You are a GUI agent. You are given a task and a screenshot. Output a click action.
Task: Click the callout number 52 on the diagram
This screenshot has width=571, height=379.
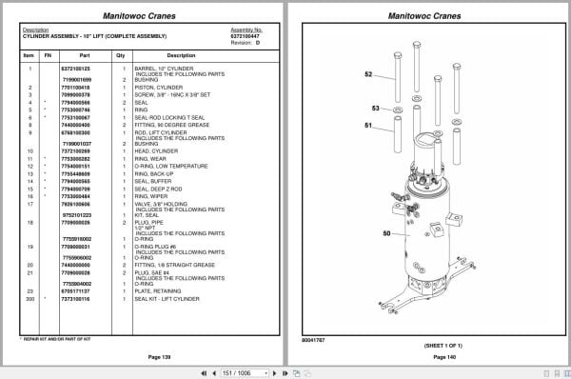click(x=368, y=73)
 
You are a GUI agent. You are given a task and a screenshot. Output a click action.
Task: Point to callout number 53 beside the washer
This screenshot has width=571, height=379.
click(x=375, y=109)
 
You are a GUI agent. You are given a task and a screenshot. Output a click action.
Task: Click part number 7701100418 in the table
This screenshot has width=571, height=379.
click(x=76, y=85)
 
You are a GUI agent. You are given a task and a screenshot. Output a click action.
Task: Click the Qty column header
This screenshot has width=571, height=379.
click(x=121, y=55)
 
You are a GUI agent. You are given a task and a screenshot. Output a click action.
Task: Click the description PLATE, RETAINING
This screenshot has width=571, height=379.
click(x=159, y=291)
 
